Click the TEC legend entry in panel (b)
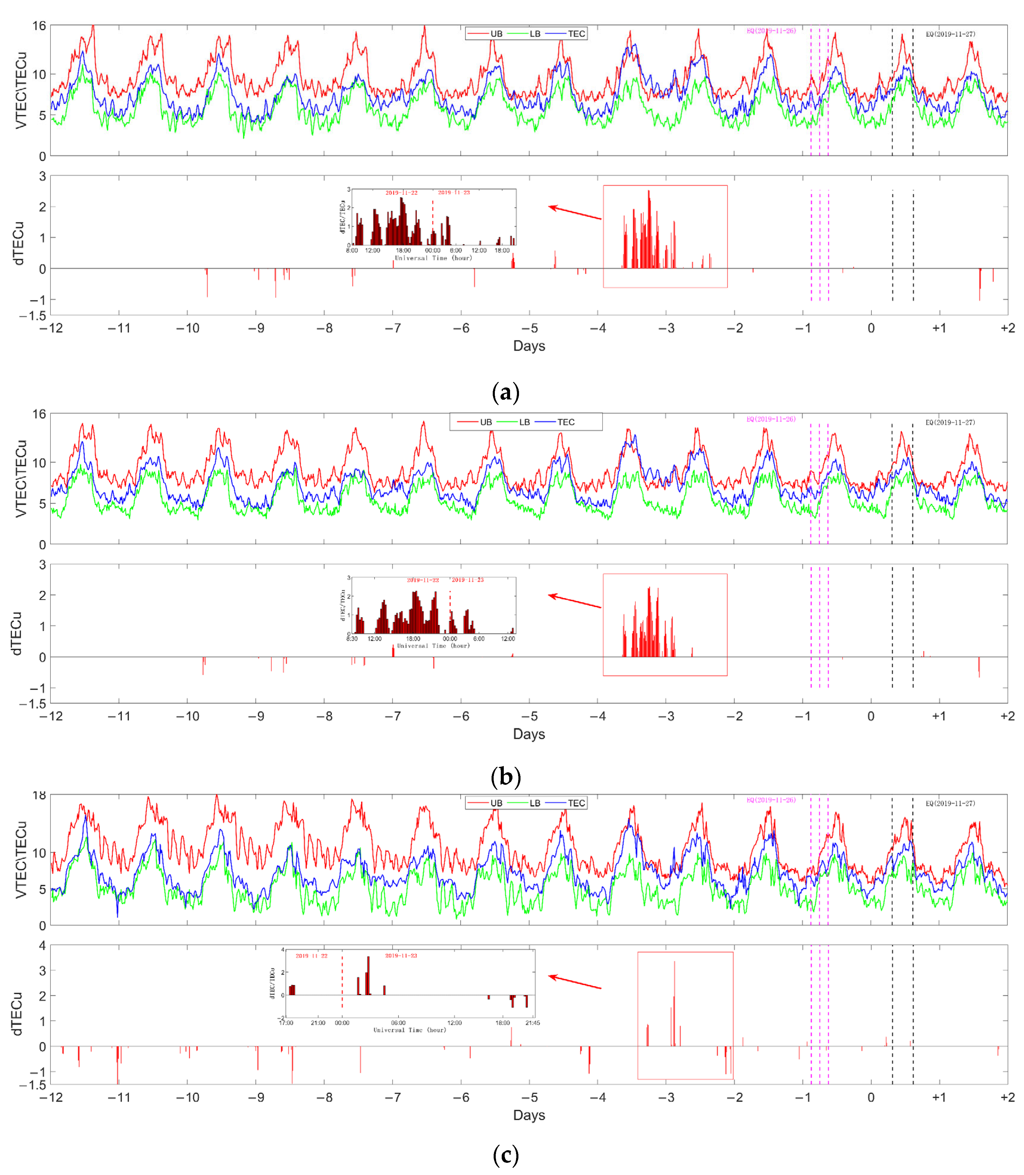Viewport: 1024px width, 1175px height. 565,422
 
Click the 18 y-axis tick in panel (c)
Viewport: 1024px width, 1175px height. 39,796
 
